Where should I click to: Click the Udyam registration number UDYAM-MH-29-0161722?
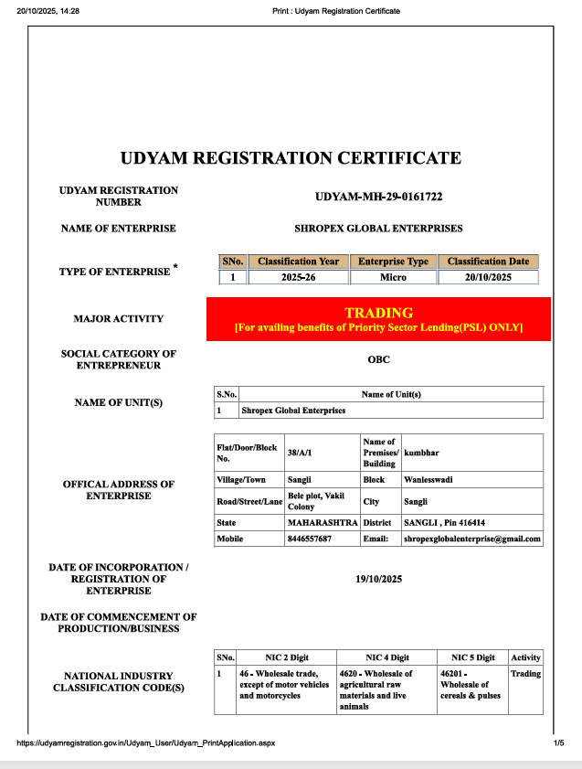point(378,197)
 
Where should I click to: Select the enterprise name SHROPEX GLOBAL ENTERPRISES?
point(378,229)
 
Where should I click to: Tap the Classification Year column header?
point(298,262)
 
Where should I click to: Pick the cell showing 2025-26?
point(298,276)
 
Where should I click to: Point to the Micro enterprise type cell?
point(393,276)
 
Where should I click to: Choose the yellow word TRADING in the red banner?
point(378,313)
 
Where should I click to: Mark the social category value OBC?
point(378,359)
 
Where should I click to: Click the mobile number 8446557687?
point(310,539)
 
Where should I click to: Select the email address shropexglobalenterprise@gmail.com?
point(472,539)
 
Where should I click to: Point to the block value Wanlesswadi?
point(429,478)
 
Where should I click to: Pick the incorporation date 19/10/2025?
point(378,579)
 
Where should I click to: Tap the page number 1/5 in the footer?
point(558,742)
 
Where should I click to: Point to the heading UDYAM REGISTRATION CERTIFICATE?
point(291,158)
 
